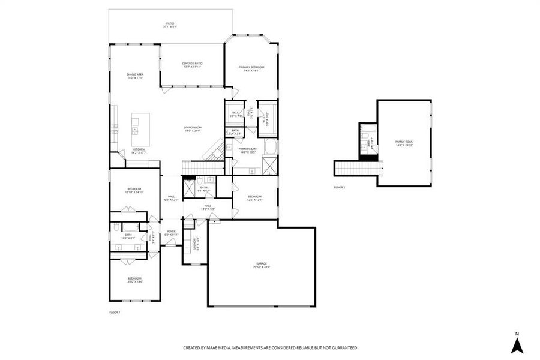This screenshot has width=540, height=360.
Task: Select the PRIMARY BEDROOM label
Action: tap(251, 68)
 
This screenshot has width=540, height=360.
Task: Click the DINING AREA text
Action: tap(134, 76)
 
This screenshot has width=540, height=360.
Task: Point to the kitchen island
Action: tap(136, 126)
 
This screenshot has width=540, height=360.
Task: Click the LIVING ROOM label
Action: tap(192, 128)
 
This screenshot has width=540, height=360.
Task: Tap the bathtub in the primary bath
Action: tap(270, 147)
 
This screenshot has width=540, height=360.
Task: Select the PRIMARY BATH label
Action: tap(248, 150)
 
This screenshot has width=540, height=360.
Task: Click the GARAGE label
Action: tap(262, 265)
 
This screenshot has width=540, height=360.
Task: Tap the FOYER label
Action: tap(171, 233)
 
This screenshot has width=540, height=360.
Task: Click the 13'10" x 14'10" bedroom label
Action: tap(134, 191)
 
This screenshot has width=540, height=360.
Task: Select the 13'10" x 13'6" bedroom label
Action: tap(134, 280)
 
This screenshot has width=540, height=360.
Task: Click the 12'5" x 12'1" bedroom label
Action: tap(255, 197)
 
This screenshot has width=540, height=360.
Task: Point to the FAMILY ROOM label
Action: tap(404, 143)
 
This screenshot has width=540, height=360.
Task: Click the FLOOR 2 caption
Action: tap(340, 187)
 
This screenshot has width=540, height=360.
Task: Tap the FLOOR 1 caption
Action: tap(115, 313)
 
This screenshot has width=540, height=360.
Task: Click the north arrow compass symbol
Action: tap(517, 344)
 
